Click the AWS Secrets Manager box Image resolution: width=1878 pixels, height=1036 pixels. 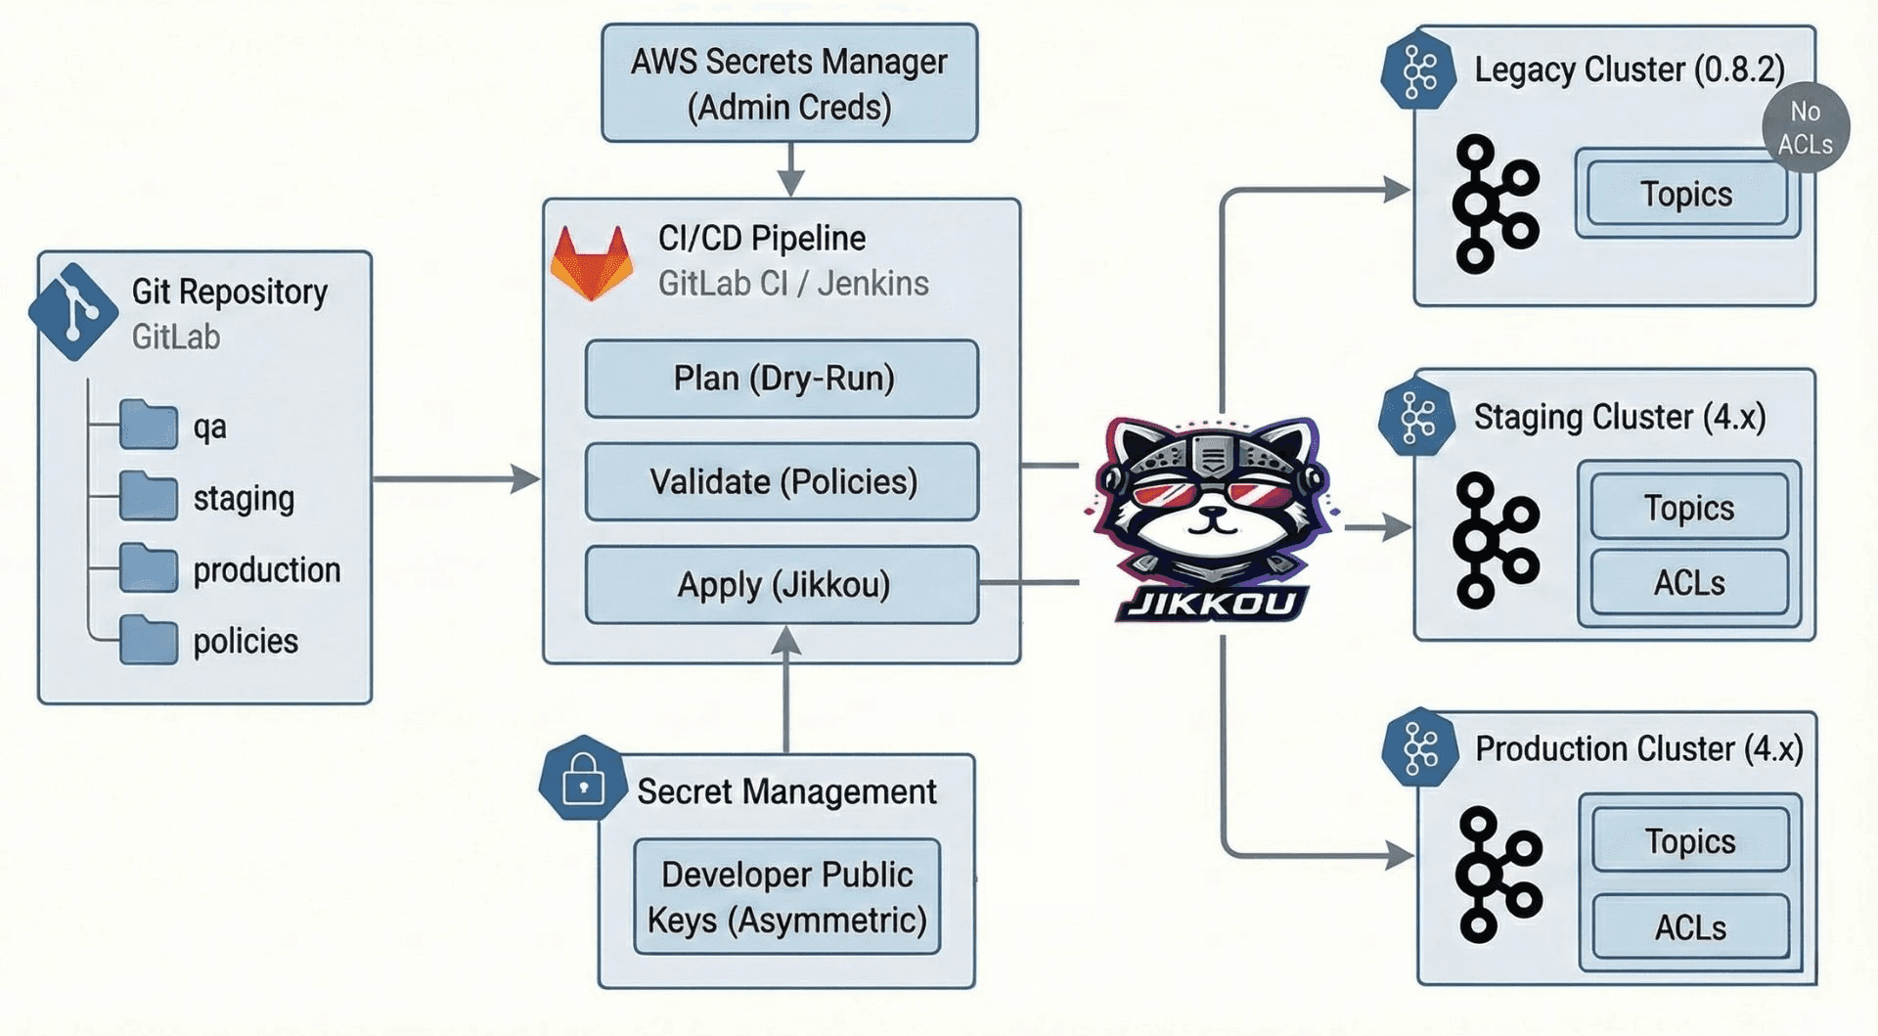(x=789, y=84)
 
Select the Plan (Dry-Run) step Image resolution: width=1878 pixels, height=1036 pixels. (x=782, y=379)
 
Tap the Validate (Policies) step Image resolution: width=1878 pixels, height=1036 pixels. (x=782, y=481)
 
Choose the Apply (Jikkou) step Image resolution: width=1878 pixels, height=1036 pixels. (x=782, y=585)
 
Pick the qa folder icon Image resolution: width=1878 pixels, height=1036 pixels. (x=149, y=425)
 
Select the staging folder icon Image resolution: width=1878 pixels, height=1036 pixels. (x=149, y=496)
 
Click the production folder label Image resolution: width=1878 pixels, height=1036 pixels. (x=266, y=569)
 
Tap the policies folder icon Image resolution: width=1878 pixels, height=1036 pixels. (x=149, y=640)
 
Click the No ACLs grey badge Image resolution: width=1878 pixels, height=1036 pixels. (x=1805, y=127)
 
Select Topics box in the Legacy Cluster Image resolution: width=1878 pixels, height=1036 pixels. (x=1686, y=194)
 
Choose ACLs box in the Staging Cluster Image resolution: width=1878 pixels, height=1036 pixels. (x=1689, y=583)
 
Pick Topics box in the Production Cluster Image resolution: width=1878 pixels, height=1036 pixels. (x=1689, y=840)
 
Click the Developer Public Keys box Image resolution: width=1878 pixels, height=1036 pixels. (x=786, y=897)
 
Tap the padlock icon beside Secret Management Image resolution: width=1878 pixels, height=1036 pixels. (x=583, y=779)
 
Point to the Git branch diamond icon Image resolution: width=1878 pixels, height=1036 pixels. (x=73, y=311)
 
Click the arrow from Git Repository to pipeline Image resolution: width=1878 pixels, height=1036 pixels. (x=455, y=479)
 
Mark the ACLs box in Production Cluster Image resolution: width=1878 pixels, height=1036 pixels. (x=1689, y=926)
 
